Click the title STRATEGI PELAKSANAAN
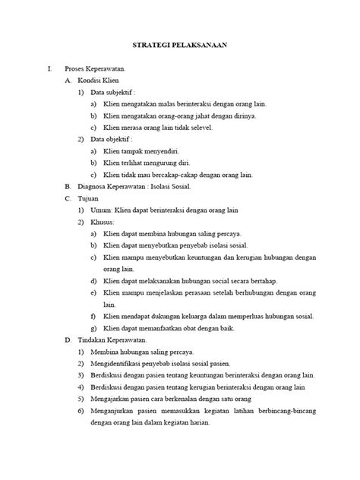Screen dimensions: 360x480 point(179,46)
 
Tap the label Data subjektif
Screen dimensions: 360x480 point(112,93)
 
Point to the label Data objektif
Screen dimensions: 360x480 point(111,139)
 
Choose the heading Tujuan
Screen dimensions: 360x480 point(90,197)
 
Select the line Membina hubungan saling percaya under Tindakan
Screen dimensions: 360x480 point(138,353)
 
